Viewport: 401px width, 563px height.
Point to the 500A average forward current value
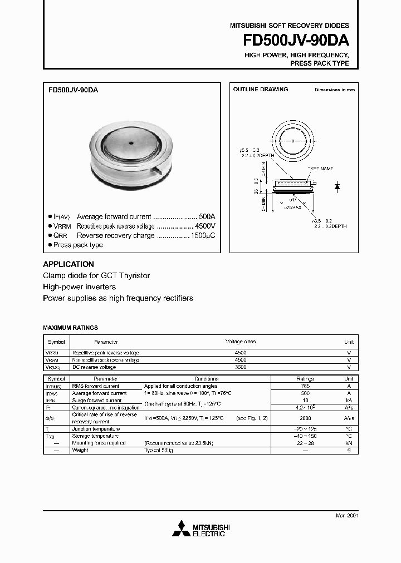207,216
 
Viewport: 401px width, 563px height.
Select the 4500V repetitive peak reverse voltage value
204,226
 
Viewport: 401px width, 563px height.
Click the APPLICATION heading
69,264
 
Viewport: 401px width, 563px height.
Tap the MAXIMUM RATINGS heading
70,328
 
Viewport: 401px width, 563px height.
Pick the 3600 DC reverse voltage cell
241,367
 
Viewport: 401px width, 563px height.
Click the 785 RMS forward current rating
305,386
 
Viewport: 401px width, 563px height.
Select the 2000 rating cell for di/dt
305,418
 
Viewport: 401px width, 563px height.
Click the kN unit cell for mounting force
349,443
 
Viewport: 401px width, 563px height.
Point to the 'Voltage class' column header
241,342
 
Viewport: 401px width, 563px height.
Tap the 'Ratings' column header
305,378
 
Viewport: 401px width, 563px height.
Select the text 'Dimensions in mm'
334,90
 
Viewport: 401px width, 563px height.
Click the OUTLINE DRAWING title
261,89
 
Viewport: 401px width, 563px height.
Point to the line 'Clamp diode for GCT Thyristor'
96,276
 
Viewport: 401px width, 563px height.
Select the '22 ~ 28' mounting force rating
305,443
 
